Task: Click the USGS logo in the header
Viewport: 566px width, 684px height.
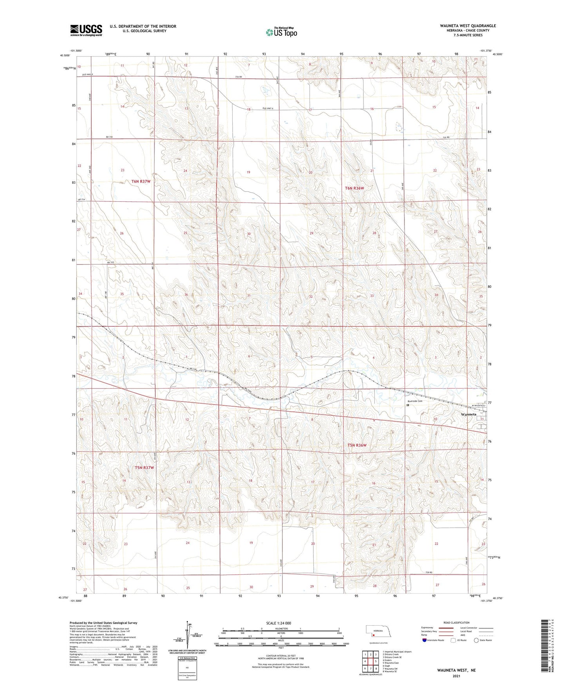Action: [86, 30]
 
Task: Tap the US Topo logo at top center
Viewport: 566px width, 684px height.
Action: [281, 32]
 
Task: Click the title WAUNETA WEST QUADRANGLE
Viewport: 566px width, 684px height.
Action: [468, 26]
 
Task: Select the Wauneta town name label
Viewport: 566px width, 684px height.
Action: [468, 414]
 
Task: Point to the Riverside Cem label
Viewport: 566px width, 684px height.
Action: [415, 401]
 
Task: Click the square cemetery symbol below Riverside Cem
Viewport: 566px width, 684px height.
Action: [408, 406]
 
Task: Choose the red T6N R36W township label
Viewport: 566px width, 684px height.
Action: [354, 188]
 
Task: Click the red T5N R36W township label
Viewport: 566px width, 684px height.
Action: [357, 445]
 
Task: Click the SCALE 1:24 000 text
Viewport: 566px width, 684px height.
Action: [278, 623]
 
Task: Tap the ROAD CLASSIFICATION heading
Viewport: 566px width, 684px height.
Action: [457, 622]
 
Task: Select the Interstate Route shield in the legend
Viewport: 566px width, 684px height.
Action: [425, 640]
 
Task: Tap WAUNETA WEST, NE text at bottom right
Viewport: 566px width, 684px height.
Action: [456, 670]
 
